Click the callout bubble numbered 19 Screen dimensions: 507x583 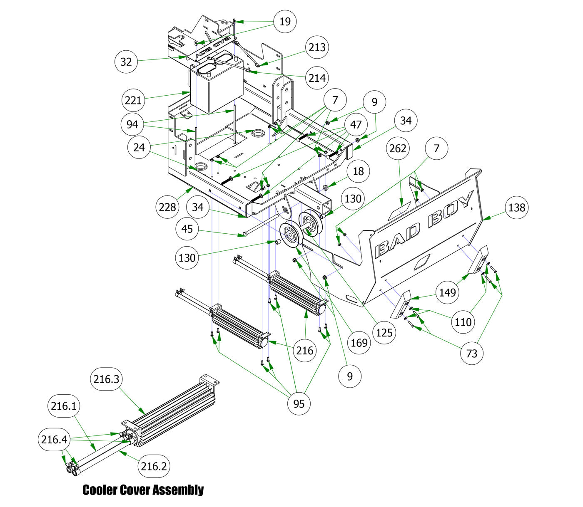point(285,21)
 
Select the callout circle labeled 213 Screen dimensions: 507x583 point(317,47)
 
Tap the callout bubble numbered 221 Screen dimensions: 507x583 point(133,100)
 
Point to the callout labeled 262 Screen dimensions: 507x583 point(398,148)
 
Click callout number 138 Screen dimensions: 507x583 point(517,208)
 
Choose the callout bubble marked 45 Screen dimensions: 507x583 point(187,229)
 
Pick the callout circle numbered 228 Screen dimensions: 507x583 point(167,207)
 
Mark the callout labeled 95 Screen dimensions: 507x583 point(299,403)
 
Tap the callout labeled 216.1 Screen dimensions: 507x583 point(64,406)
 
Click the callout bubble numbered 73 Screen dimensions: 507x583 point(472,354)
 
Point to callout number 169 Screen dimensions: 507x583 point(359,343)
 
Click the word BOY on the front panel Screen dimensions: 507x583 point(451,209)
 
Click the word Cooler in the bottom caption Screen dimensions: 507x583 point(100,490)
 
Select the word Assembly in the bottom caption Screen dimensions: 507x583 point(178,490)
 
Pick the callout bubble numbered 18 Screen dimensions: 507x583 point(358,171)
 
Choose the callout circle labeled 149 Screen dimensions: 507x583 point(448,292)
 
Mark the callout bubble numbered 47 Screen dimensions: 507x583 point(356,125)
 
